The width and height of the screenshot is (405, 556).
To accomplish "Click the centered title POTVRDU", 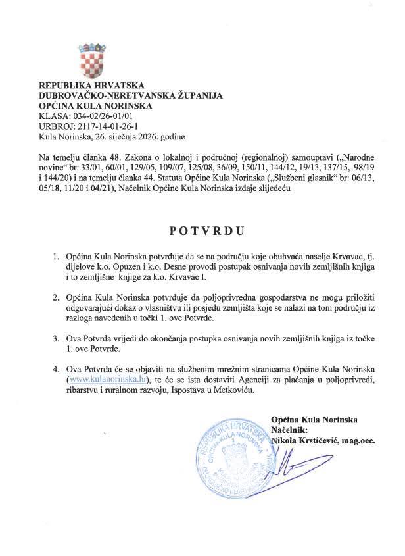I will click(x=202, y=232).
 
